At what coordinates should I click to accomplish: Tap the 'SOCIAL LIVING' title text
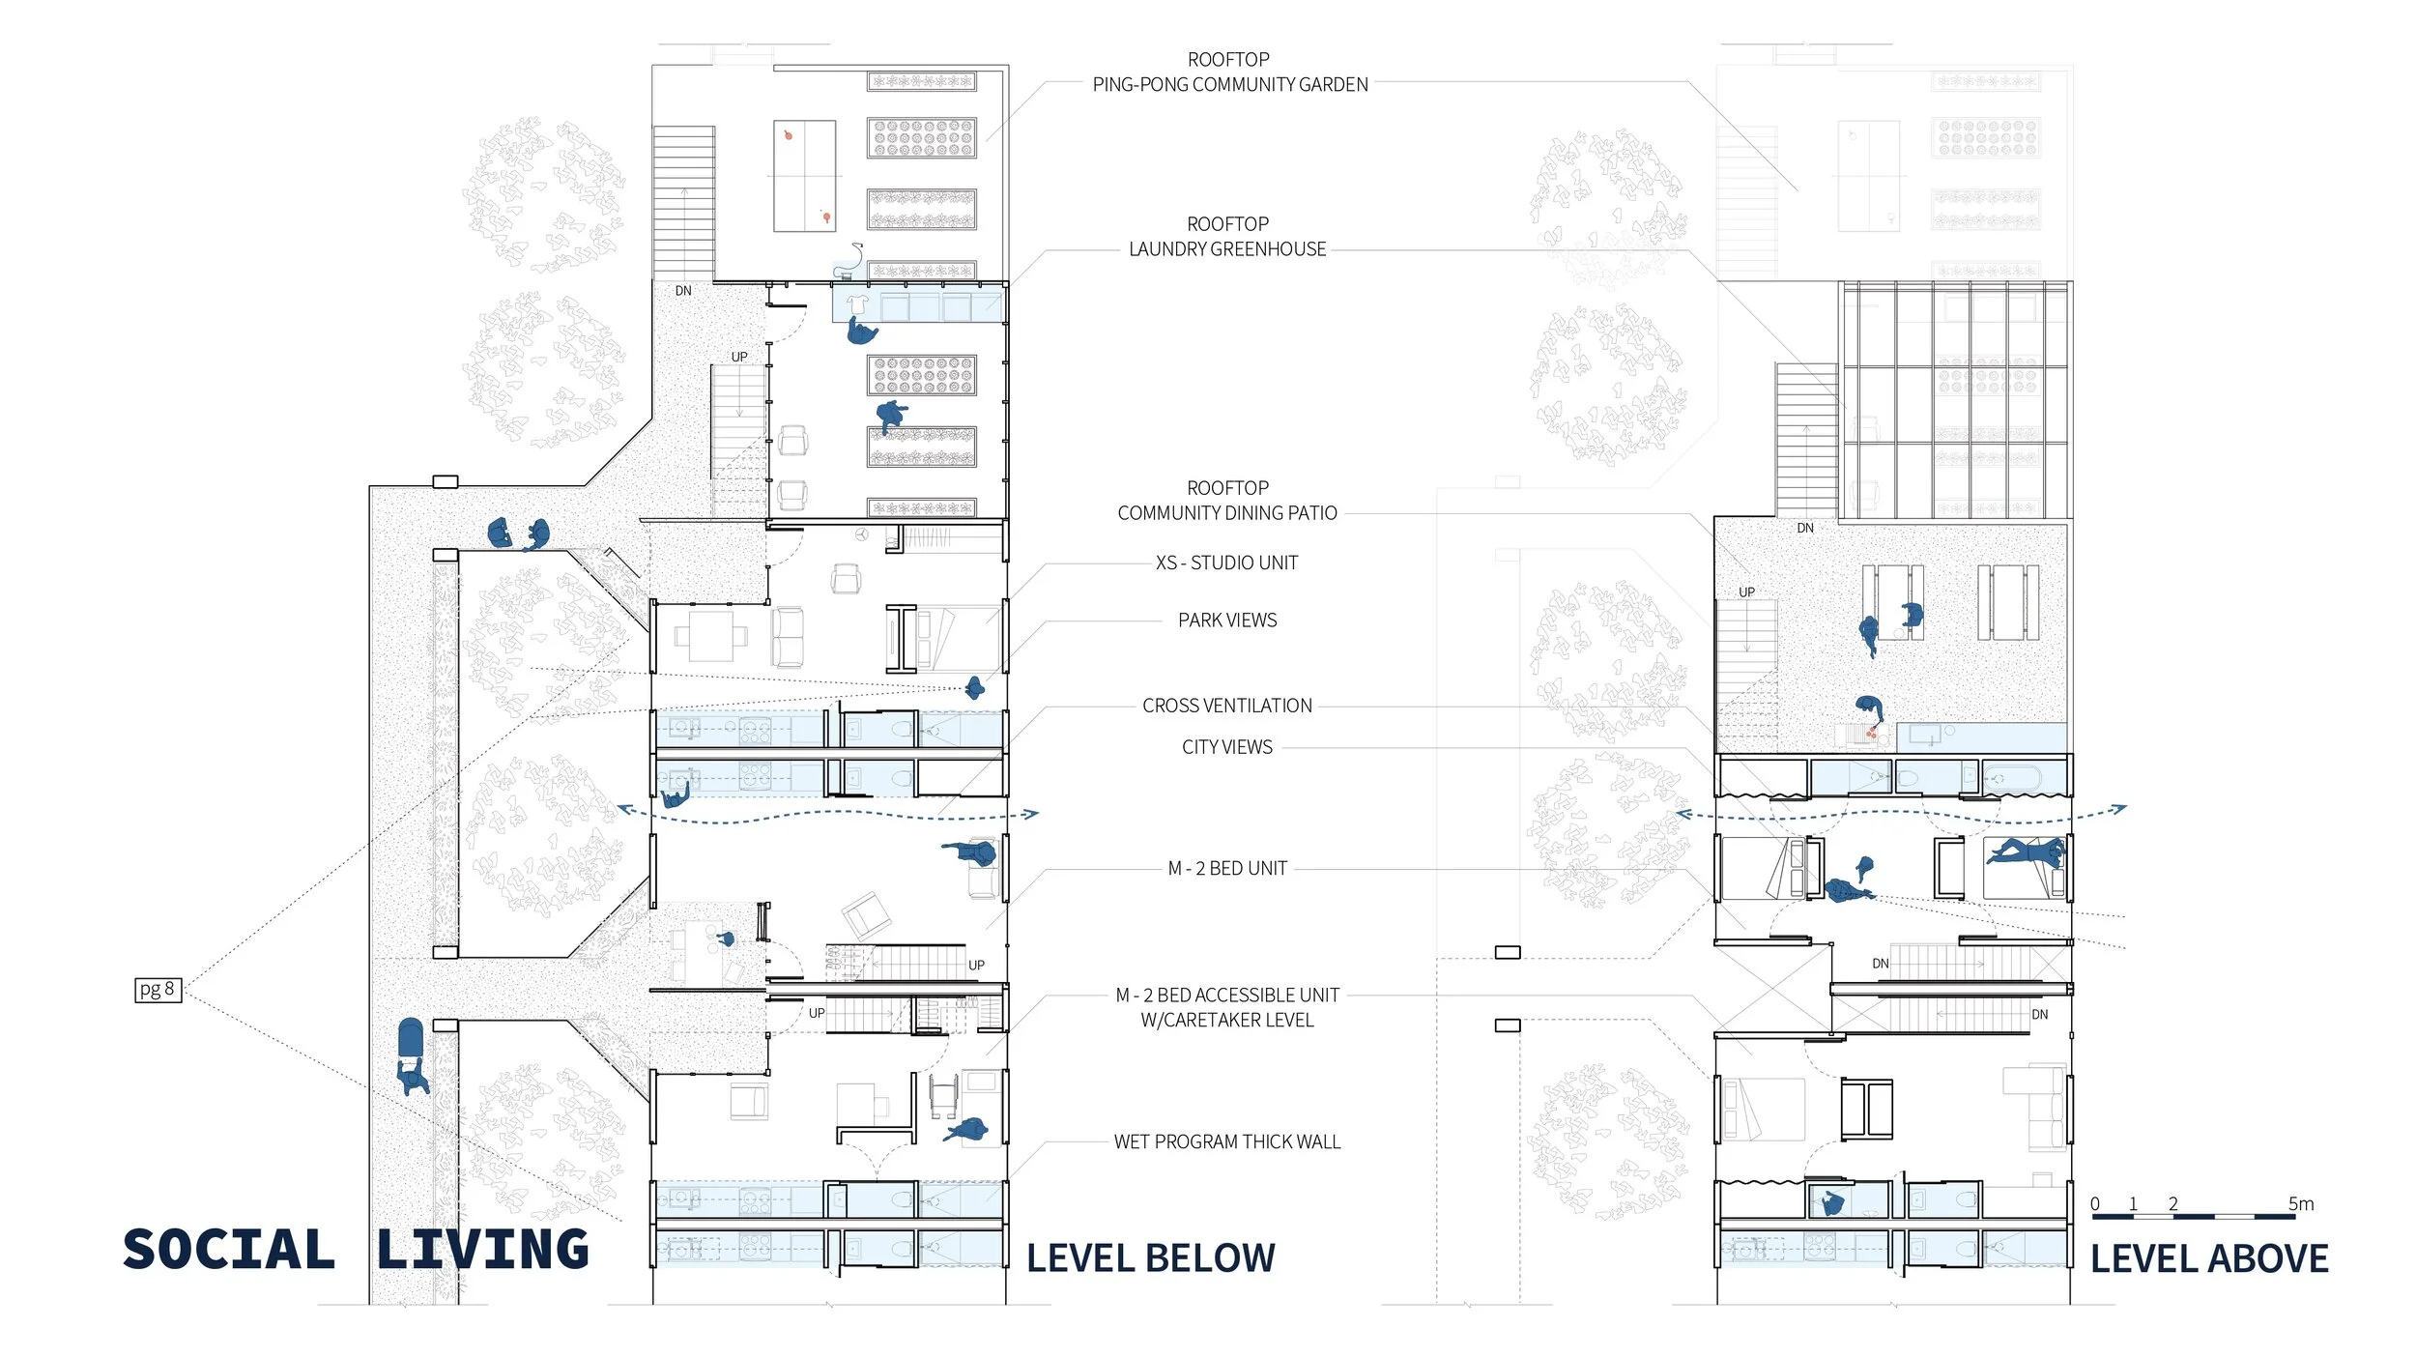356,1249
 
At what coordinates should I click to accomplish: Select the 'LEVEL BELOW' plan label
1150,1258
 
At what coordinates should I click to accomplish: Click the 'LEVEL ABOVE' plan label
2209,1258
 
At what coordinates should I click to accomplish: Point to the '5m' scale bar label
2301,1203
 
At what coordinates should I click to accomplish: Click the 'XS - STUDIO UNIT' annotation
1227,563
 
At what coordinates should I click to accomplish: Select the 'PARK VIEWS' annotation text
1227,620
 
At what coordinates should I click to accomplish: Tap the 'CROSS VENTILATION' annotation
1227,706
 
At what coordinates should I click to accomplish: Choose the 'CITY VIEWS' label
1227,747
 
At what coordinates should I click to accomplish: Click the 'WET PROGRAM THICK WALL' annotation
1227,1141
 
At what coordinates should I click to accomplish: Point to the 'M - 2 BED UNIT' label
1227,868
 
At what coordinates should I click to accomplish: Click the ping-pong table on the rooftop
804,176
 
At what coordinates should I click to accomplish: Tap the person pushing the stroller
413,1076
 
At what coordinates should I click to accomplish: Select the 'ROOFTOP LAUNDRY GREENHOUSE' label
1227,237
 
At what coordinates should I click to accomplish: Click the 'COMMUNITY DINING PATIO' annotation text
1227,513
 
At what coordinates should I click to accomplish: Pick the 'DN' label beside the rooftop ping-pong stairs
683,291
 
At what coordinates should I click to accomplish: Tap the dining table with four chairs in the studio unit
711,635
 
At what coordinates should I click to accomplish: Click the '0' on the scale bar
2095,1203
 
